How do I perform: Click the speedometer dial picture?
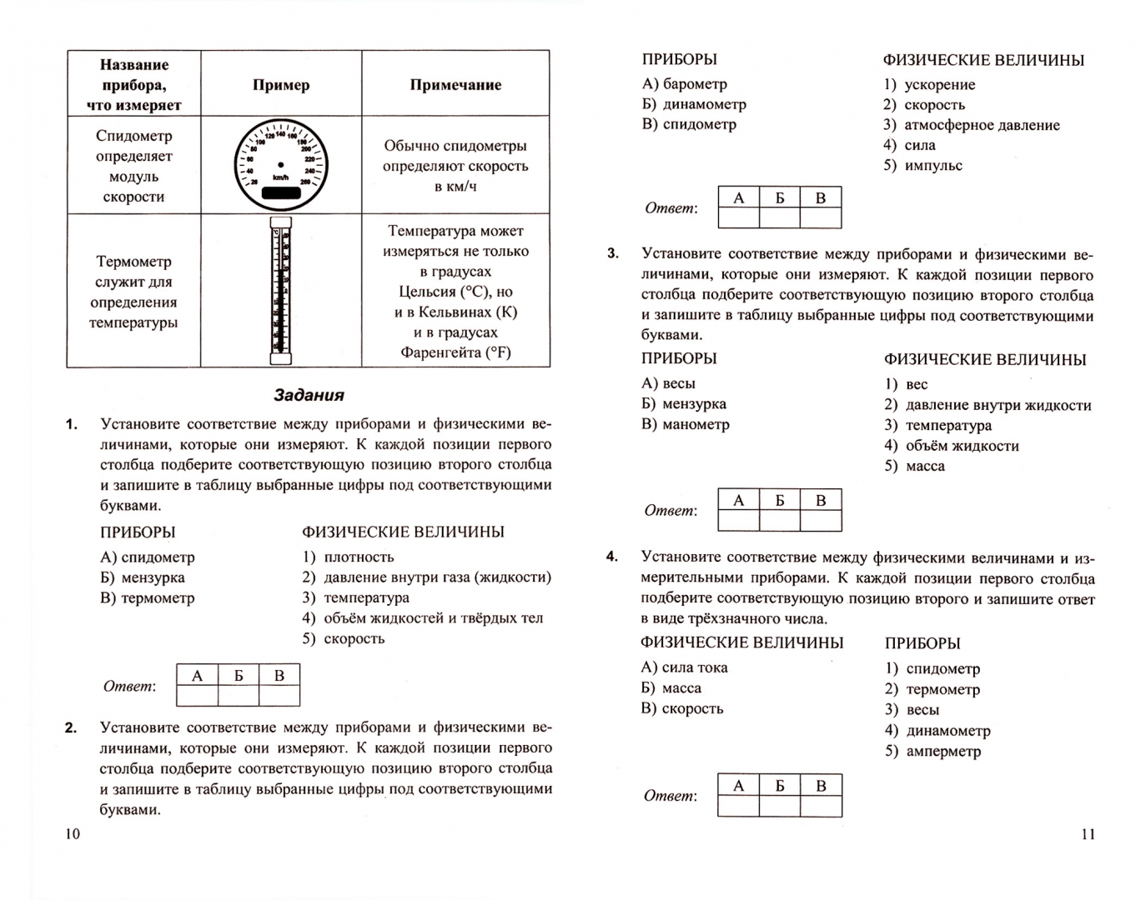(280, 165)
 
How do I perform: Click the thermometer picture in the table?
(281, 290)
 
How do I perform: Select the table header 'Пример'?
(281, 84)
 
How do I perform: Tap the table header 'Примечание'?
(455, 84)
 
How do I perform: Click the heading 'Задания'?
(309, 395)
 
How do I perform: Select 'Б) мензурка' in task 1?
(143, 577)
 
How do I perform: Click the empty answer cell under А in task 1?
(198, 695)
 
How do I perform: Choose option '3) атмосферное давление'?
(972, 125)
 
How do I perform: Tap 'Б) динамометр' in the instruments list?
(694, 104)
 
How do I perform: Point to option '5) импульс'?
(923, 165)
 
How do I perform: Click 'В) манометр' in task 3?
(686, 424)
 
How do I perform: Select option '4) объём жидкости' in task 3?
(952, 446)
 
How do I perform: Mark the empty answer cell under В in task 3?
(821, 520)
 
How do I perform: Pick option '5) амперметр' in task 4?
(932, 751)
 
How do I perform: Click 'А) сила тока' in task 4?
(684, 667)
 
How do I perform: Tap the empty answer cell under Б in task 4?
(780, 806)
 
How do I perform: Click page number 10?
(73, 834)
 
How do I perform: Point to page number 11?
(1088, 834)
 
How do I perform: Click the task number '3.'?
(613, 253)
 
